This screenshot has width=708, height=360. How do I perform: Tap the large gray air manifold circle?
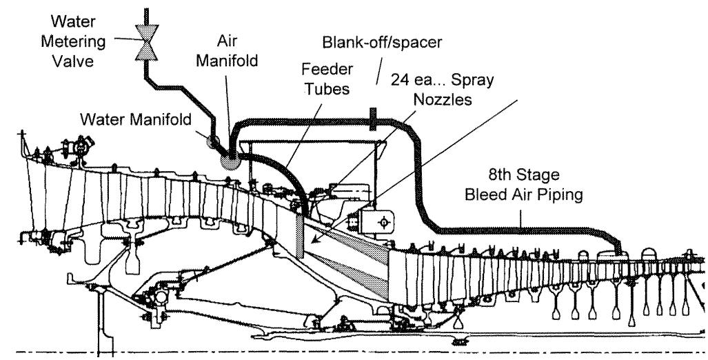tap(228, 159)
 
